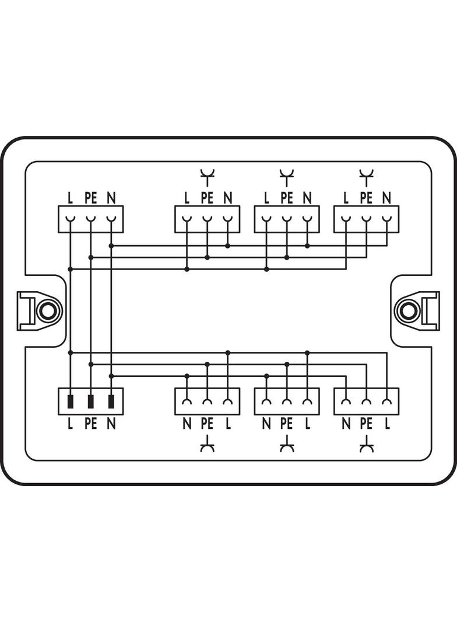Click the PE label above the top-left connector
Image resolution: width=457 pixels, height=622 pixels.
[x=91, y=198]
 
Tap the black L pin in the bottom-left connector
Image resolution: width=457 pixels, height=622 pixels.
[x=71, y=401]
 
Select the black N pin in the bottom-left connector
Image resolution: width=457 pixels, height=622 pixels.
[x=111, y=401]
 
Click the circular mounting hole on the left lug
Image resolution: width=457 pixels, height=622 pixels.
[x=48, y=311]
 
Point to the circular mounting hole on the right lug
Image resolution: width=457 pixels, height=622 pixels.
[x=409, y=311]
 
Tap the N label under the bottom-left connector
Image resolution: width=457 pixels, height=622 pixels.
[x=111, y=424]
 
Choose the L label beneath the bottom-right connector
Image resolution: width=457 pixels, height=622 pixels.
[x=387, y=424]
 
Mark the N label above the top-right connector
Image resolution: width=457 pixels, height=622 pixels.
[x=387, y=198]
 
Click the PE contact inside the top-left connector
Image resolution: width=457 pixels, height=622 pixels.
[x=91, y=219]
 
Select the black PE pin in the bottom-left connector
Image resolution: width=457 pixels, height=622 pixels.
[x=91, y=401]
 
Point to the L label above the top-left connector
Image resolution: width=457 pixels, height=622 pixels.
[x=71, y=198]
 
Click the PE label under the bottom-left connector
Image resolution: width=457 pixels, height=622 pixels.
[x=91, y=424]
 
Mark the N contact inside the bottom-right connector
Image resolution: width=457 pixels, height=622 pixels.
[x=346, y=401]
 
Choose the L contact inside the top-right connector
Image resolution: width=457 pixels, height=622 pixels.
[x=346, y=219]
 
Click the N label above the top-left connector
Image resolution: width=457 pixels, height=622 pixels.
[x=111, y=198]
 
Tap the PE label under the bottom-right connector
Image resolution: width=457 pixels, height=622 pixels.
[x=366, y=424]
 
